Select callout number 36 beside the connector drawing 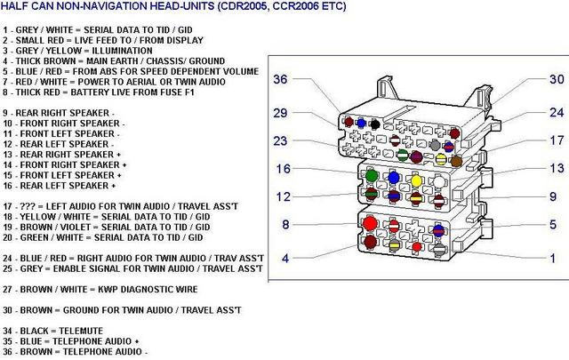pos(281,79)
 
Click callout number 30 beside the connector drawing pos(557,79)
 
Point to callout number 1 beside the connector pos(552,258)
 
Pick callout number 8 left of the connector pos(285,225)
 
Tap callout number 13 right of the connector pos(557,168)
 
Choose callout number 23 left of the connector pos(281,140)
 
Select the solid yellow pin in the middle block pos(416,180)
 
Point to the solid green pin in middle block pos(370,176)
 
